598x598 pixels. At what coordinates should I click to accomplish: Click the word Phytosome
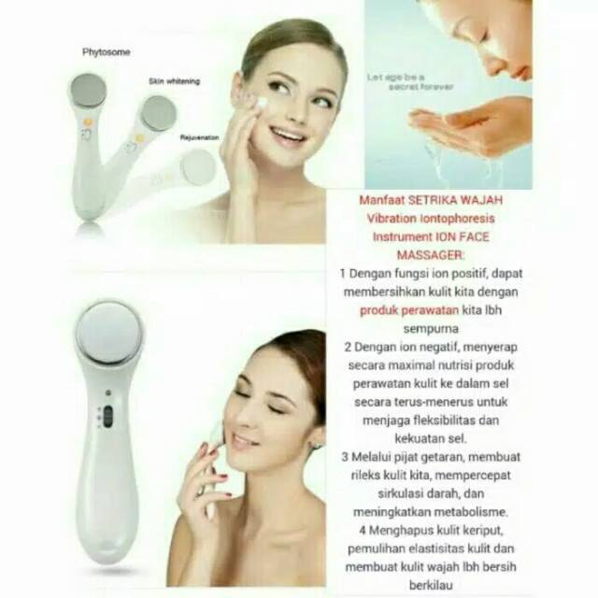click(106, 52)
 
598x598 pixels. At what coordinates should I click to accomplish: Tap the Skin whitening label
click(175, 81)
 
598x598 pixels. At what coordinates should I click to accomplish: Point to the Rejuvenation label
click(199, 137)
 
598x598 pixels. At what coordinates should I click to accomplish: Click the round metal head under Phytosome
click(89, 91)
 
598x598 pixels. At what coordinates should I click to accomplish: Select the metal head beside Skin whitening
click(159, 113)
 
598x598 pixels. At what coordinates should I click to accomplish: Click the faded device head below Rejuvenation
click(198, 166)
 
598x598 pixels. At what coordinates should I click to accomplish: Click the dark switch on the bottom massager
click(108, 416)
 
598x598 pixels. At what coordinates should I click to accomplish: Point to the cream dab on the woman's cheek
click(262, 103)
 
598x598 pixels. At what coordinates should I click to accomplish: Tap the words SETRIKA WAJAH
click(456, 200)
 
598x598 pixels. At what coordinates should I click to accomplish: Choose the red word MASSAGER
click(430, 255)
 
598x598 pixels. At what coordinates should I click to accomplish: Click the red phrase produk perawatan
click(409, 310)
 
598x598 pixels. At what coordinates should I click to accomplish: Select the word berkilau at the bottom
click(431, 586)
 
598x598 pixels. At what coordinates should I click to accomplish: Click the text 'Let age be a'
click(395, 78)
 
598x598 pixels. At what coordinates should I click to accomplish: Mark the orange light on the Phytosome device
click(87, 122)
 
